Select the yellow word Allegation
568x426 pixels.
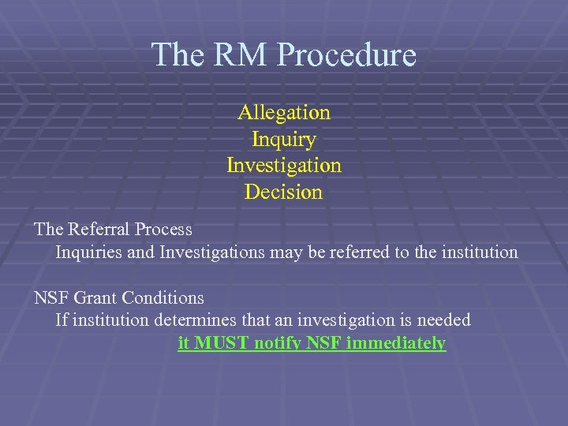coord(284,112)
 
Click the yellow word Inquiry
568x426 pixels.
coord(284,140)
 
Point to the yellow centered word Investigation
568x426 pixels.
coord(284,166)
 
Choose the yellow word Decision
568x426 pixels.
coord(284,192)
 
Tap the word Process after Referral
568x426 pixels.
coord(163,230)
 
